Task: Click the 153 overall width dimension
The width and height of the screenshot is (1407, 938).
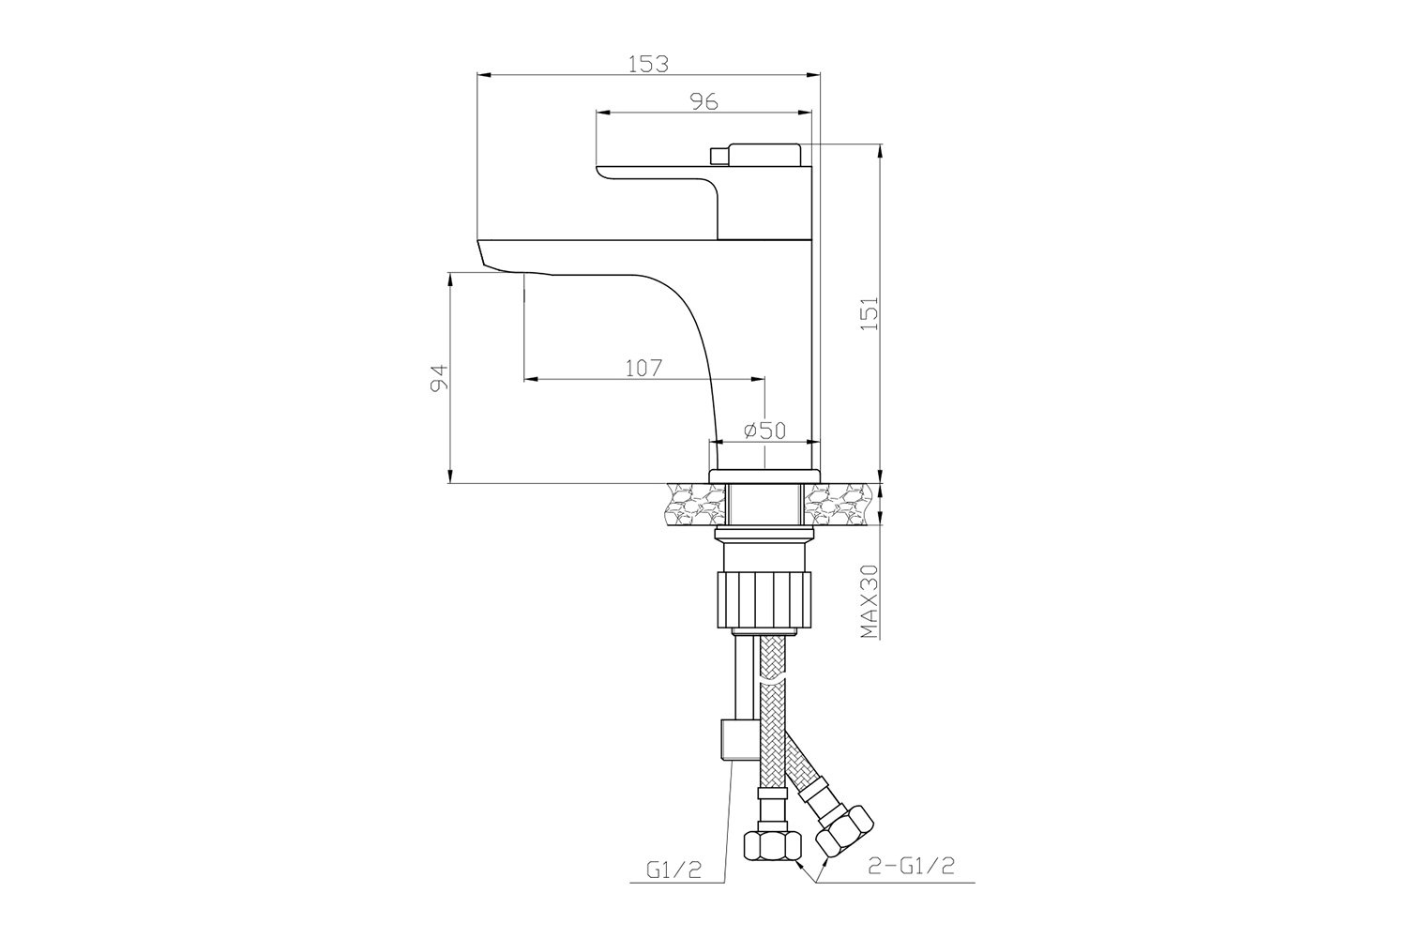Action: [x=649, y=64]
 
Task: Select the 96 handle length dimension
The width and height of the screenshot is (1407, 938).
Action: [x=704, y=101]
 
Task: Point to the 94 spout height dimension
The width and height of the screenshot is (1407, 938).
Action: [x=438, y=378]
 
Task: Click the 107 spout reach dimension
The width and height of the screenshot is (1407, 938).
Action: [x=644, y=368]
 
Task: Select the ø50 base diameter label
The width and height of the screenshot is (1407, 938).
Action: [x=764, y=431]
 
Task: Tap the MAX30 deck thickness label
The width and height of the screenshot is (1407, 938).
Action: [x=870, y=601]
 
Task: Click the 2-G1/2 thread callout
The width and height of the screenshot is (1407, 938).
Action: [x=911, y=867]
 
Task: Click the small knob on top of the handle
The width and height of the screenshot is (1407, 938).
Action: [x=717, y=155]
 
